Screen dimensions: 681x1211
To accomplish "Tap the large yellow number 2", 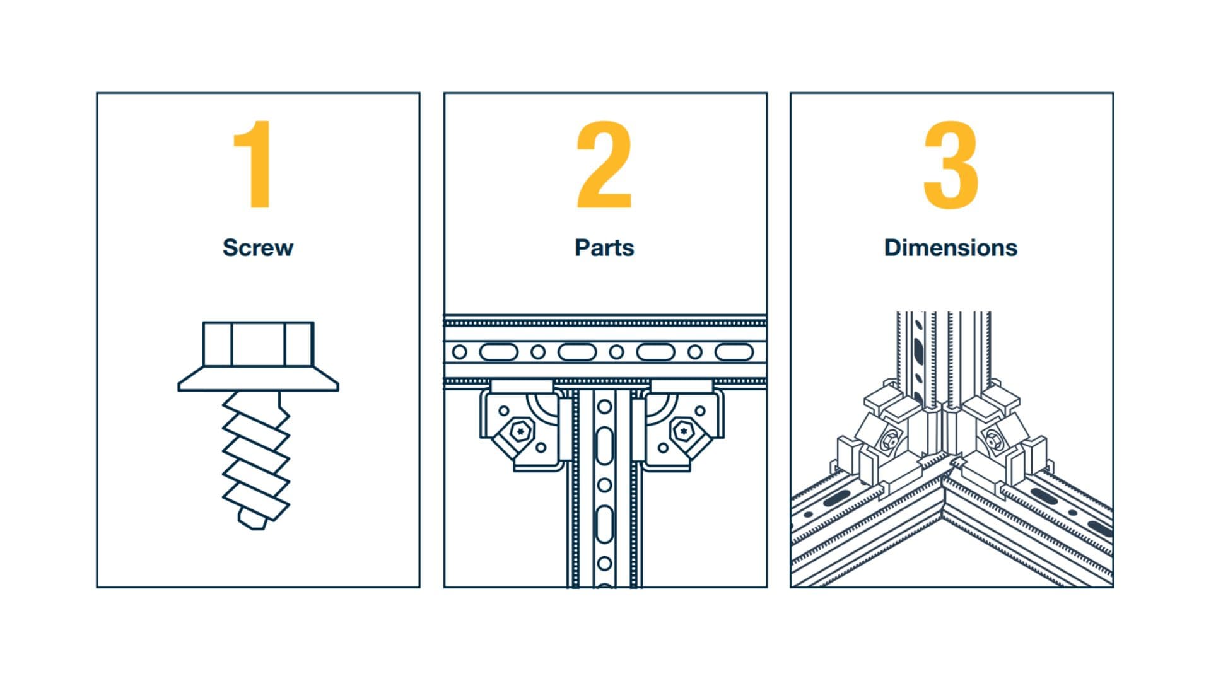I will [x=604, y=165].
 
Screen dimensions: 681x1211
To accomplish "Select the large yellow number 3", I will [x=951, y=165].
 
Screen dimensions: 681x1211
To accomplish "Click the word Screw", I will [x=257, y=247].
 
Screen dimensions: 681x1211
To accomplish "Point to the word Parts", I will [x=604, y=247].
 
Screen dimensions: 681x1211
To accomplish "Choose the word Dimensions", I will [x=951, y=247].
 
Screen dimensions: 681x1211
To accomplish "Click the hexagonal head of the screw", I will [x=258, y=344].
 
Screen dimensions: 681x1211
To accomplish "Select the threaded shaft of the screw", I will [x=256, y=454].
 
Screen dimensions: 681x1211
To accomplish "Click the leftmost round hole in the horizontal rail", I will [x=460, y=352].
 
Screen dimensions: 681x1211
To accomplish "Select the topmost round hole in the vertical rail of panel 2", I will [x=604, y=407].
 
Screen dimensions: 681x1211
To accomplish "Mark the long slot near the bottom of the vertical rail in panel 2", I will [x=604, y=524].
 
